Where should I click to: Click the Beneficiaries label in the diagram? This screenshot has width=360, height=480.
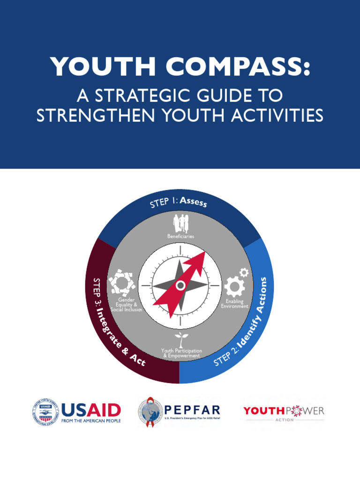(x=180, y=236)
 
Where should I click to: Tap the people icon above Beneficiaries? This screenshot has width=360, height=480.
(x=180, y=223)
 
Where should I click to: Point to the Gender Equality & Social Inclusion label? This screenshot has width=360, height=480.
(x=126, y=305)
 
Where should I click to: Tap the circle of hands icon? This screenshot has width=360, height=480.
(x=122, y=282)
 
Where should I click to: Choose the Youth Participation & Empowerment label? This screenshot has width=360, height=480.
(x=181, y=353)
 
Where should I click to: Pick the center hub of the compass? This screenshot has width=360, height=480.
(x=180, y=285)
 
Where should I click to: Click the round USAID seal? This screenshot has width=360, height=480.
(x=46, y=412)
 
